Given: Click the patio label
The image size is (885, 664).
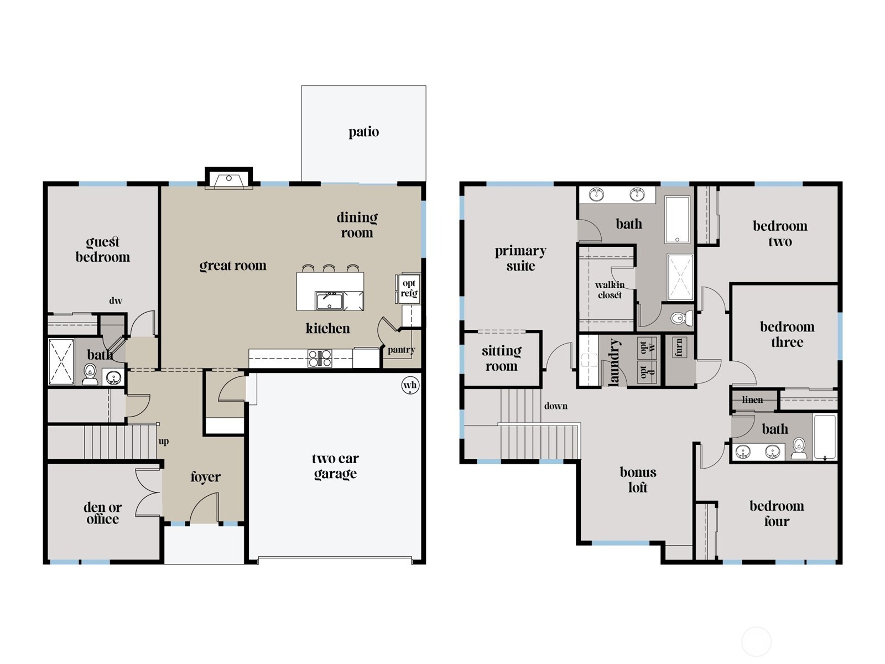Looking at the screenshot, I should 363,132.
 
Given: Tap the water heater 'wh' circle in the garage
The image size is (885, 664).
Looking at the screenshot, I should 410,386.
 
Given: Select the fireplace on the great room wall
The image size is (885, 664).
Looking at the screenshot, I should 228,179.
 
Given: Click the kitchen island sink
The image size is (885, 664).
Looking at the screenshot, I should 329,301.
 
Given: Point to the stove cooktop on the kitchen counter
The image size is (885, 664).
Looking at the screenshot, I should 320,359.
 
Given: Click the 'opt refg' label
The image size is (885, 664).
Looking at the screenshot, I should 409,288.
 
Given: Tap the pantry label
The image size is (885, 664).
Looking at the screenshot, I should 401,350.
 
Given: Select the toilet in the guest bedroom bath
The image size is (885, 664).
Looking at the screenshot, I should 90,374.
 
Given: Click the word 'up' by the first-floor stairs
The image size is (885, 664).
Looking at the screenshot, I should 164,442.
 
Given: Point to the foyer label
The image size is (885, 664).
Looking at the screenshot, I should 205,477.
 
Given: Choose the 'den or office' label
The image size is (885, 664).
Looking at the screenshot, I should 102,513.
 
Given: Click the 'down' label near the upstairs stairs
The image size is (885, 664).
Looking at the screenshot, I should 555,406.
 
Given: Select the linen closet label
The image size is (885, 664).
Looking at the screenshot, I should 752,400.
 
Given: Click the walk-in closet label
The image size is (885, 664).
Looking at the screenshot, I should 610,290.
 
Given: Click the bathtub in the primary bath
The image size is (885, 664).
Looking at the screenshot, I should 677,220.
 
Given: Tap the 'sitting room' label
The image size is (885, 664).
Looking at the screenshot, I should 501,359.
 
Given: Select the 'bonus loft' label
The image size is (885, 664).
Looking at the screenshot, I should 638,480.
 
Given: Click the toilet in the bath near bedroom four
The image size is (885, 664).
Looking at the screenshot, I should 799,448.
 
